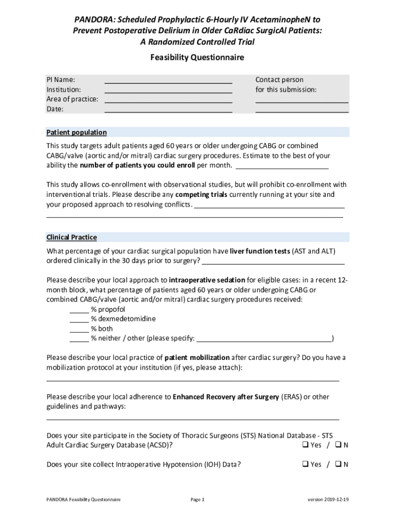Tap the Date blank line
168,111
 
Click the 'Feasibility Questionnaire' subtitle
197,57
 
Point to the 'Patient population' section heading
76,132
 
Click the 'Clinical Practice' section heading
71,237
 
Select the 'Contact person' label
279,79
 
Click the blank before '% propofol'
79,310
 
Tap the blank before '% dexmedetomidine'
79,319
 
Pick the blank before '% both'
79,329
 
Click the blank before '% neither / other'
79,339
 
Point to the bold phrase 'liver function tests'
260,251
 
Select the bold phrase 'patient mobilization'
197,357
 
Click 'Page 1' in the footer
197,499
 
